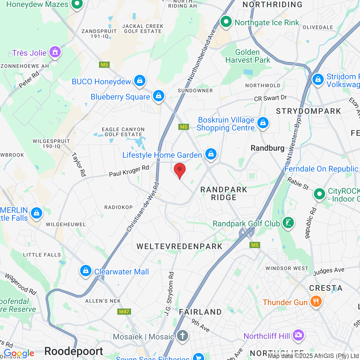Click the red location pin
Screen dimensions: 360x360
click(x=180, y=170)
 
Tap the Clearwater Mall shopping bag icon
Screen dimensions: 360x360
click(x=85, y=271)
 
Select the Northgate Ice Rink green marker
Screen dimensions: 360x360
click(x=226, y=22)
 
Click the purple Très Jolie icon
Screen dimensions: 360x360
click(x=55, y=52)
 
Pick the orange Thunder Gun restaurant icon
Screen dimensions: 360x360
click(x=316, y=301)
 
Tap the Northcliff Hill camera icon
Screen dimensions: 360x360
click(x=298, y=335)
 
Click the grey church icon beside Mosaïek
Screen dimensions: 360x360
click(x=183, y=336)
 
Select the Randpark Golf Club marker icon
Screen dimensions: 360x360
click(x=288, y=223)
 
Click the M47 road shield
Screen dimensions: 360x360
click(x=124, y=312)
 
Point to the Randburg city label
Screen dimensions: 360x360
click(x=267, y=148)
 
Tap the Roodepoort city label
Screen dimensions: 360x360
click(x=74, y=351)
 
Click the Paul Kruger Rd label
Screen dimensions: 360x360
click(x=129, y=171)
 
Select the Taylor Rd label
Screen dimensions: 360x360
click(x=79, y=165)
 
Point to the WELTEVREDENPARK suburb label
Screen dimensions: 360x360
click(x=179, y=246)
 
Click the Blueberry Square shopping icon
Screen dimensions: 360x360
click(x=159, y=96)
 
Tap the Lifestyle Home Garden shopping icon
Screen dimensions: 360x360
click(x=211, y=154)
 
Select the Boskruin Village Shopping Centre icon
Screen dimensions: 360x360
click(x=263, y=123)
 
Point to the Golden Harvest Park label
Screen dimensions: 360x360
click(x=248, y=56)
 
